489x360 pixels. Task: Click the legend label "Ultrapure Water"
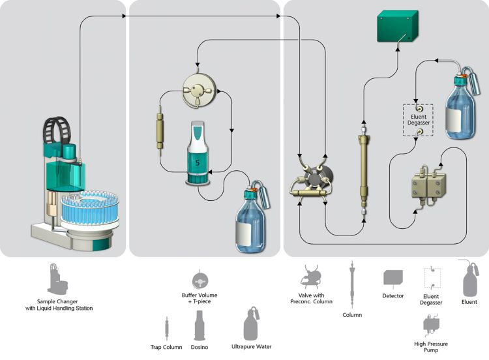(x=251, y=347)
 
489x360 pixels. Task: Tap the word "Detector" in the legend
(x=393, y=295)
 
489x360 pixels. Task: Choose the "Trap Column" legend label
(x=166, y=347)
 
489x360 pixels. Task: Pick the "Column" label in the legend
(x=351, y=314)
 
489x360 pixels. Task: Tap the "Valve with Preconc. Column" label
(x=309, y=299)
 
